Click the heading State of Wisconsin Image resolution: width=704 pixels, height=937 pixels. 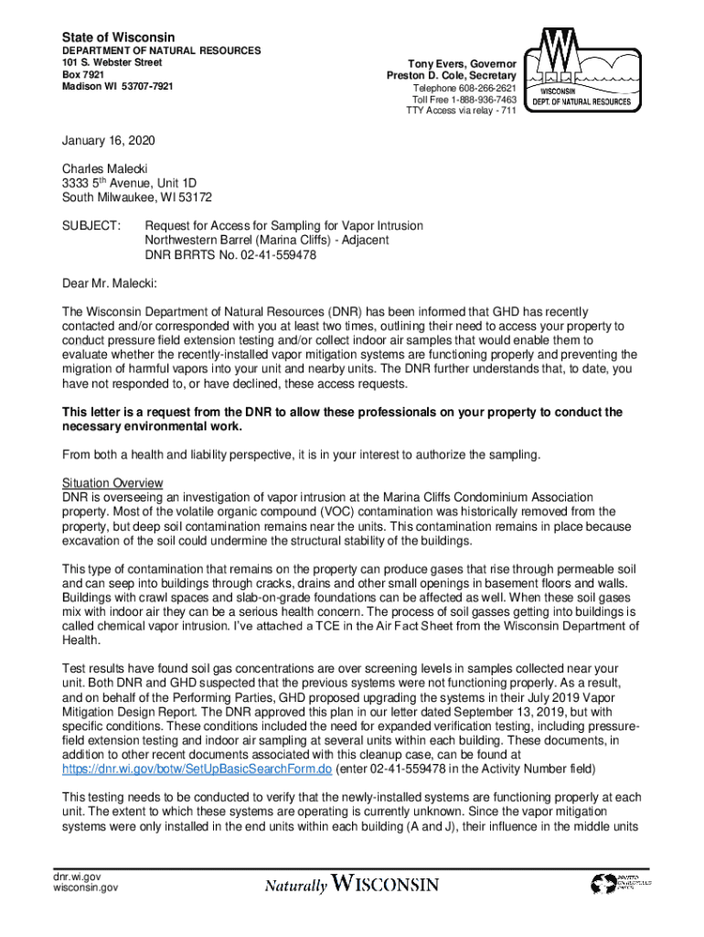(118, 37)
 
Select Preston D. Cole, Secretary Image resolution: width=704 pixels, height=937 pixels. (451, 76)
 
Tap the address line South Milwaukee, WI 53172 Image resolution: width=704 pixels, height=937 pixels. (137, 197)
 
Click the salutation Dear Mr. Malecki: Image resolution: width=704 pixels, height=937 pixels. (110, 283)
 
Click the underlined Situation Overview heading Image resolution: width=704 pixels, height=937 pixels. (112, 482)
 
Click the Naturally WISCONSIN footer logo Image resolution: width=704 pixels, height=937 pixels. (352, 885)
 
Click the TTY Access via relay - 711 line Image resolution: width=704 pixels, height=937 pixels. (461, 111)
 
